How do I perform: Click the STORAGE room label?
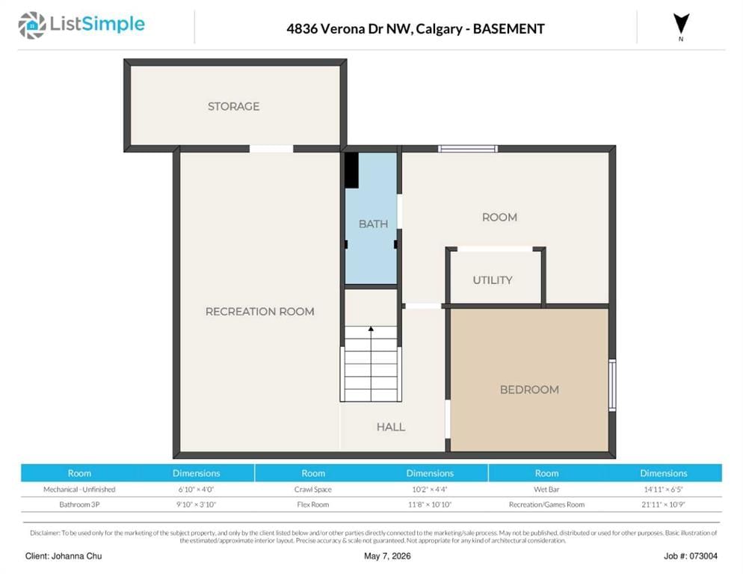click(x=233, y=106)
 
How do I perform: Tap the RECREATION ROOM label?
click(x=259, y=312)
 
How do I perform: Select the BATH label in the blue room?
click(x=373, y=223)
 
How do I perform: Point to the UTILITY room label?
click(x=493, y=280)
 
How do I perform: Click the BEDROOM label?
click(x=529, y=389)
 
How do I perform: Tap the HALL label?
click(x=391, y=427)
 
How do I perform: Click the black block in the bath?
click(x=351, y=170)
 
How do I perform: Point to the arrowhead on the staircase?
click(x=371, y=328)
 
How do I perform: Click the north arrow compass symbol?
click(x=682, y=25)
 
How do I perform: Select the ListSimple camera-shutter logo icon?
click(x=32, y=25)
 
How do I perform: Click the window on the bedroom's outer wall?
click(x=612, y=385)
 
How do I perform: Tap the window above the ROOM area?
click(x=468, y=149)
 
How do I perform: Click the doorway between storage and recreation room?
click(x=271, y=149)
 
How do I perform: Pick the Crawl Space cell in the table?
click(x=312, y=489)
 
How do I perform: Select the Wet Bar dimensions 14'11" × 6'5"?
click(x=664, y=489)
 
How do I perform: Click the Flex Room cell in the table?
click(x=312, y=504)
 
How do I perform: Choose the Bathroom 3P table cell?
click(x=79, y=504)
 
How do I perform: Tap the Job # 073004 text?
click(x=691, y=556)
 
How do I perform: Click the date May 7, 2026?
click(x=387, y=556)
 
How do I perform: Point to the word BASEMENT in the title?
click(x=508, y=29)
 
